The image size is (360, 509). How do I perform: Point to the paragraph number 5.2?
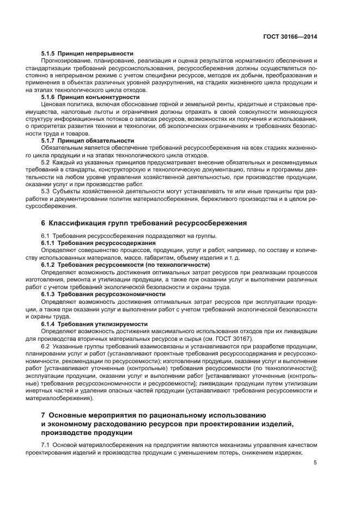[46, 162]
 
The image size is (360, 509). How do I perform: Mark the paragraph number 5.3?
[46, 191]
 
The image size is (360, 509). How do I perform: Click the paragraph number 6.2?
[46, 346]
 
